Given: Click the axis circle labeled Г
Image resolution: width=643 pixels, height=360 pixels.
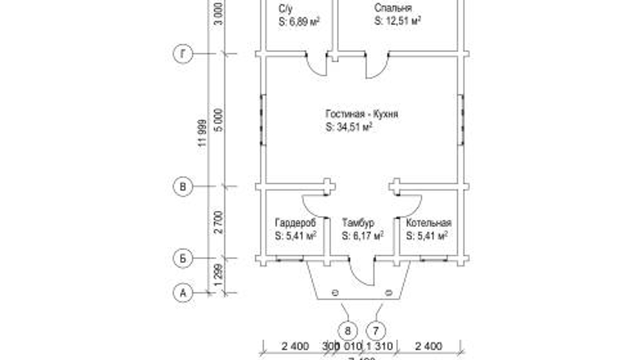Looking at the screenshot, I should [x=183, y=55].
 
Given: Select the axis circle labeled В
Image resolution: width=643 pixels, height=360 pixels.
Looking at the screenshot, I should [x=183, y=187].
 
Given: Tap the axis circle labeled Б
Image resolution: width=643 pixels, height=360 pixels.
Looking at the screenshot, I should [x=183, y=258].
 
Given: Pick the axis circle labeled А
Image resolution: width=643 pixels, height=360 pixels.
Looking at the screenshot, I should [x=183, y=292].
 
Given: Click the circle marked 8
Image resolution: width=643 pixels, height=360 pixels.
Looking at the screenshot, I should [x=348, y=331].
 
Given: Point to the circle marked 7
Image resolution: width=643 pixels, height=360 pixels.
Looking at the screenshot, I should [x=376, y=331].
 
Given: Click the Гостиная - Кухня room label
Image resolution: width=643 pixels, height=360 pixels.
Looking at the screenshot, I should [x=361, y=114].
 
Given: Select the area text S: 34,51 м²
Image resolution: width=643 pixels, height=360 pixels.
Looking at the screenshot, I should [x=350, y=127].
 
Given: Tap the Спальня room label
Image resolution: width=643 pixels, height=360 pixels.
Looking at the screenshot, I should [x=393, y=8].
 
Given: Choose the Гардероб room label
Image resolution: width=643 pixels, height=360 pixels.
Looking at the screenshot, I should [x=295, y=222].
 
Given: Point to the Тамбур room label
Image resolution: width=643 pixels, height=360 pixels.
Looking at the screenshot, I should [x=358, y=222].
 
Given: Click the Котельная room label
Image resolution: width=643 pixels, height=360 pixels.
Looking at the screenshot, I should [x=428, y=222].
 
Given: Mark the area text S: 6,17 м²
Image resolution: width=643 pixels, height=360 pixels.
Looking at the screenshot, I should [x=363, y=236].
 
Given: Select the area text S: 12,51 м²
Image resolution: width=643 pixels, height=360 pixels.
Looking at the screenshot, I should [x=397, y=21].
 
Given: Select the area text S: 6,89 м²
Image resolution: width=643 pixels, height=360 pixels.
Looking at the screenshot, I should [x=300, y=21].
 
